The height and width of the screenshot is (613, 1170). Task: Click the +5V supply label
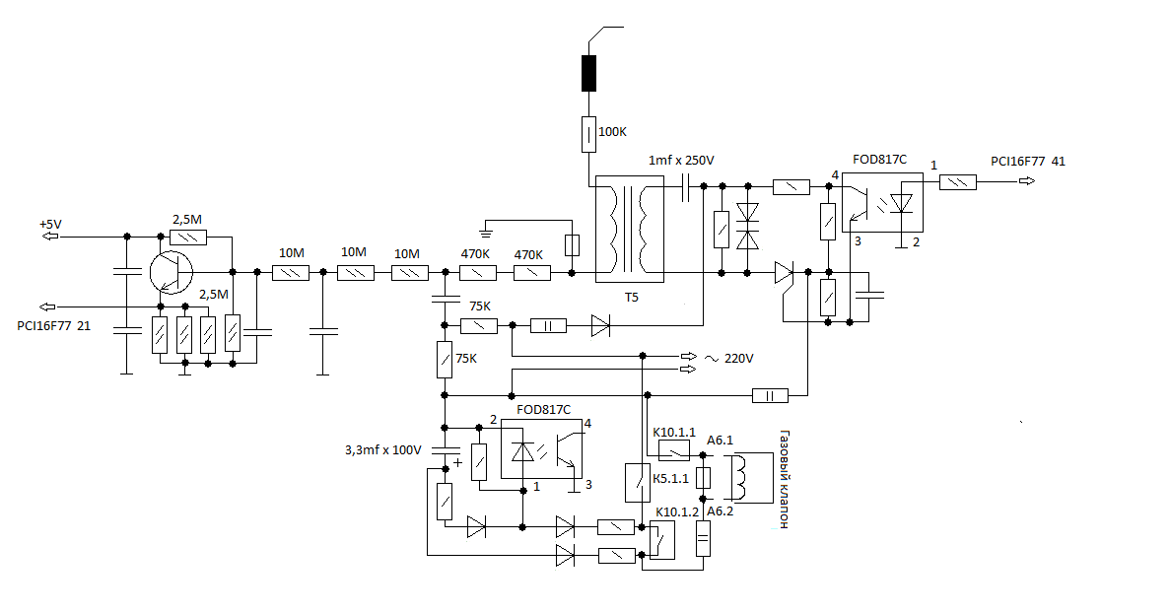(50, 224)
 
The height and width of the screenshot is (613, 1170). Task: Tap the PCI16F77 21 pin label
(54, 326)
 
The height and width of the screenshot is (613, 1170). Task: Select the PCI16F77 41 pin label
(1028, 161)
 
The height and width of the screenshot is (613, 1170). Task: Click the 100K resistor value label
(613, 132)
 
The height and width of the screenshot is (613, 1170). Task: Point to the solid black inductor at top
(588, 73)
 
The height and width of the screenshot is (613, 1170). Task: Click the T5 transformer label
(631, 298)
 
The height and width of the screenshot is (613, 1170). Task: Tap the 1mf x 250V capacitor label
(681, 161)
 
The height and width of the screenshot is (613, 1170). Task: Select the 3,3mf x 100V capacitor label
(382, 450)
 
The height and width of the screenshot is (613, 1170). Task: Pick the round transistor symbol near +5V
(171, 272)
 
